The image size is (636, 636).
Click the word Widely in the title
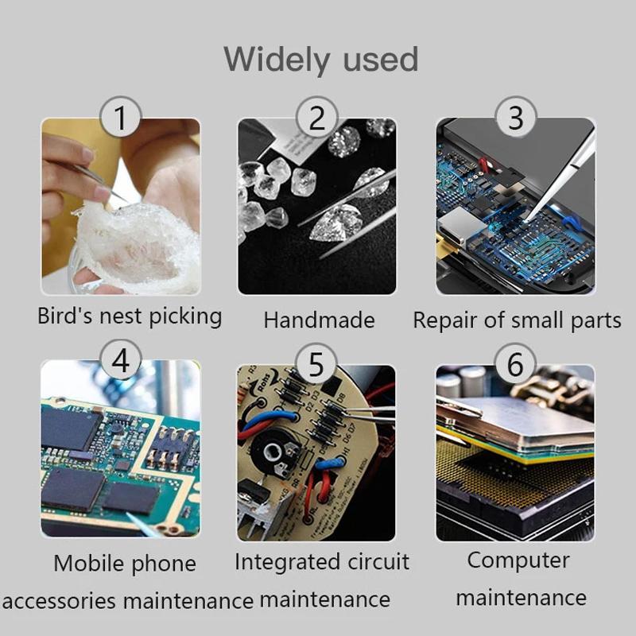(276, 60)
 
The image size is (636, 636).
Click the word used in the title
(381, 59)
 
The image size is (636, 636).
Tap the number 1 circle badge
(121, 117)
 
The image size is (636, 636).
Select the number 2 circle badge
(317, 117)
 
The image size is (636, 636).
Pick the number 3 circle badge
(515, 117)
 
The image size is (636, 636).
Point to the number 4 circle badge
(121, 360)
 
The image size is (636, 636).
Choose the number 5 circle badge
(316, 364)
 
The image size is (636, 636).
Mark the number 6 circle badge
(515, 364)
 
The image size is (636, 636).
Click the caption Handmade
(320, 320)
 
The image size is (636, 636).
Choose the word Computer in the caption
(518, 561)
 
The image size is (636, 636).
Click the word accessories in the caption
(59, 601)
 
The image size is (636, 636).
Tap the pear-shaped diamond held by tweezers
(336, 223)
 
